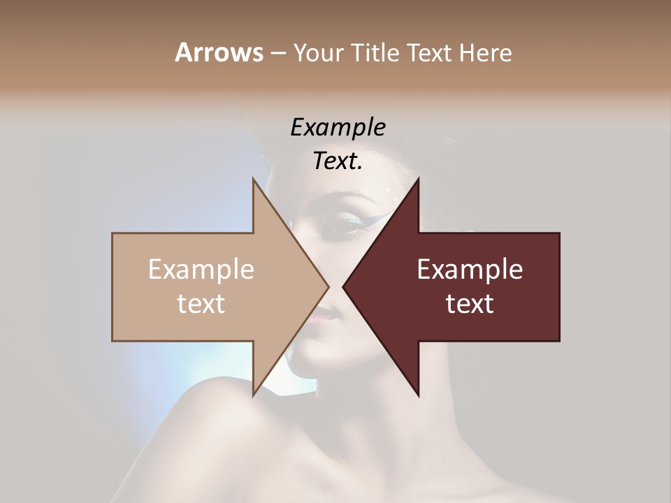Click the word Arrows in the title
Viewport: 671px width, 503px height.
coord(219,52)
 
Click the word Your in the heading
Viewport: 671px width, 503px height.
coord(318,52)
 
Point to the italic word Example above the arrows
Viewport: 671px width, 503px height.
coord(338,127)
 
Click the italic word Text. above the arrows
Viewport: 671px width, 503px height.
coord(338,161)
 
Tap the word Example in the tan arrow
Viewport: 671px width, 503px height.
coord(201,269)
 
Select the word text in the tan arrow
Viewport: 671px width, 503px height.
coord(201,303)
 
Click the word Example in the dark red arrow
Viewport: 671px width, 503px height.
coord(470,269)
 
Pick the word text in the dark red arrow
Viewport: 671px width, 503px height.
coord(470,303)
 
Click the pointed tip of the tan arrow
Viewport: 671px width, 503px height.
coord(327,286)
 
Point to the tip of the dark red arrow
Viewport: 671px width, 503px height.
coord(345,286)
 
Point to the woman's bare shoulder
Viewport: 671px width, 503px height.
coord(210,433)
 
